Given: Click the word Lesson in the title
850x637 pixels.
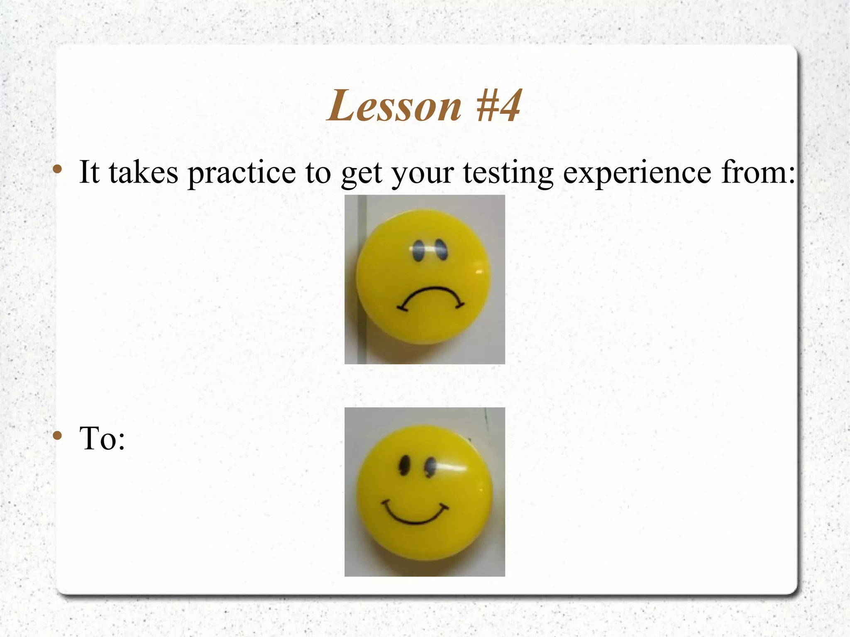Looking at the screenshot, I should pos(394,106).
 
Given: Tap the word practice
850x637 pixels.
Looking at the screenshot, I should pos(242,173).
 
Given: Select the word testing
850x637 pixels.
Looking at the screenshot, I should pos(508,173).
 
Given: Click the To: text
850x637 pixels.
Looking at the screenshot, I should pos(102,439).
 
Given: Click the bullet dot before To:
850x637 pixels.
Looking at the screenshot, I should pos(58,435).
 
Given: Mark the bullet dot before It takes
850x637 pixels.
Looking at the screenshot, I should pos(58,169).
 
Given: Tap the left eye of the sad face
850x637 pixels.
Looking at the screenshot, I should pos(418,251).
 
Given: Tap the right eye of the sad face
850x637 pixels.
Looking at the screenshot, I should pos(440,249).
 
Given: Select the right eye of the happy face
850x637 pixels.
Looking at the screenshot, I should pos(430,467).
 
